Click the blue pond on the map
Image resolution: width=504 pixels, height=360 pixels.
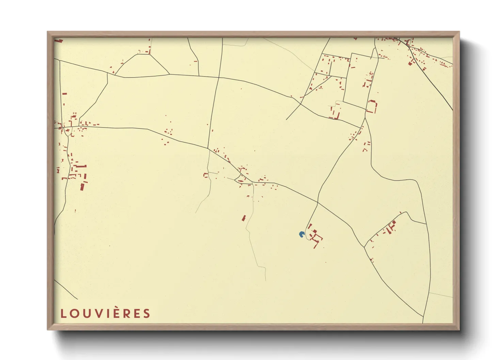(301, 234)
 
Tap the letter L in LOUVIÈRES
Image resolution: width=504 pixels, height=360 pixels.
(63, 313)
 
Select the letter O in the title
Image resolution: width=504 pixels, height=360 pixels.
(75, 313)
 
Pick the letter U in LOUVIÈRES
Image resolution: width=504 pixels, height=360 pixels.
(86, 313)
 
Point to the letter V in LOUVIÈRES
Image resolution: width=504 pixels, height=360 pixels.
(98, 313)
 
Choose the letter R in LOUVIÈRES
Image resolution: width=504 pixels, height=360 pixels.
(127, 313)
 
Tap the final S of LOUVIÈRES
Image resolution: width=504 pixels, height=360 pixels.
(147, 313)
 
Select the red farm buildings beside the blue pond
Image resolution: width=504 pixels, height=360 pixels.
(315, 235)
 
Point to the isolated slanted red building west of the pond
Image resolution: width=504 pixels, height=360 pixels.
(244, 218)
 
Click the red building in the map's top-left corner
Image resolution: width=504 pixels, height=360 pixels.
(60, 40)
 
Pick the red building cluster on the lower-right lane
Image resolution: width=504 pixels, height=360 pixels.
(390, 227)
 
